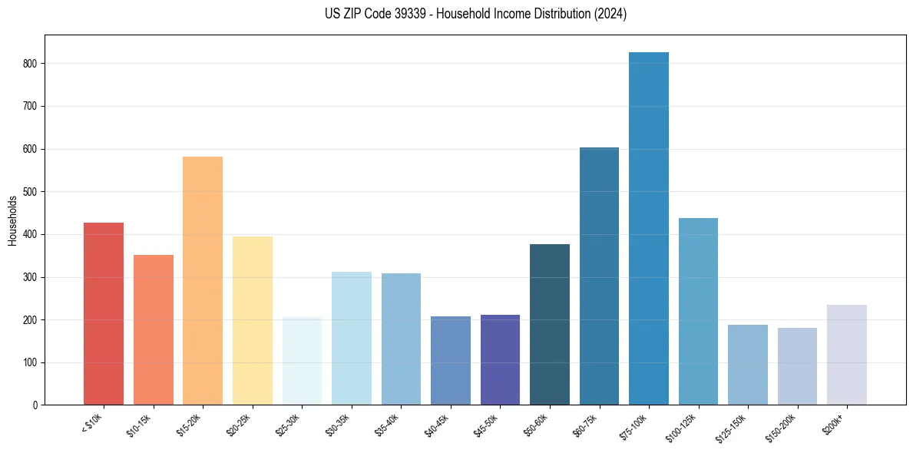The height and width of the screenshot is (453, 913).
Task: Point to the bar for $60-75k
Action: pos(599,276)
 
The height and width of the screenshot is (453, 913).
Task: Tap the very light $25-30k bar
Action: pos(302,361)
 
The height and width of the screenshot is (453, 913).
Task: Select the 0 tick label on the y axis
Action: pos(35,405)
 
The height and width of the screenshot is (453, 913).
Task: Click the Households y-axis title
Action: pos(13,220)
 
